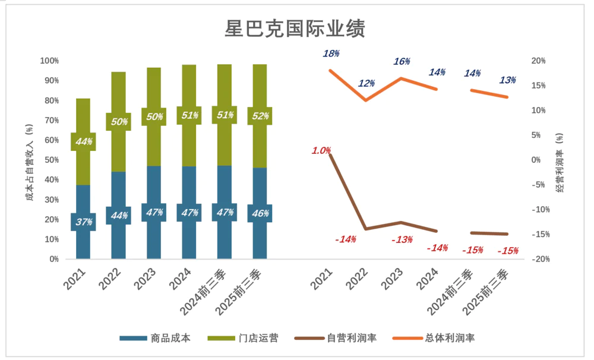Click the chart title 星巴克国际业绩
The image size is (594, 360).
295,28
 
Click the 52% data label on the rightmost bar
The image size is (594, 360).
260,116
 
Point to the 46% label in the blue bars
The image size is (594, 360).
260,213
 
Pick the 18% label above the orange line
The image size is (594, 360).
331,53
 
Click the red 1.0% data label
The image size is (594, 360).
321,151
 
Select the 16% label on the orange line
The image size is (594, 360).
402,62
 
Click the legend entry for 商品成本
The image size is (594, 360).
155,338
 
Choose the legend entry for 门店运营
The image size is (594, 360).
242,338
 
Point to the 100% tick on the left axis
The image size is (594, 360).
49,61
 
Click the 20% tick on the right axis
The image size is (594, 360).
539,61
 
